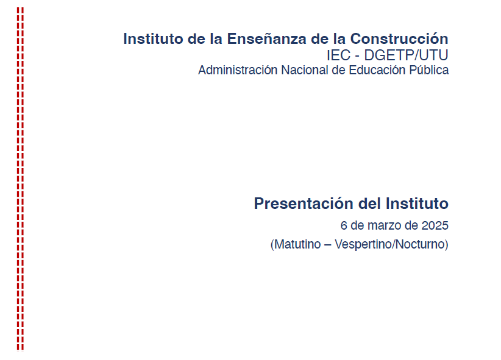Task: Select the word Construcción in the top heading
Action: [399, 38]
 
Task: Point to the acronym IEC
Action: [338, 55]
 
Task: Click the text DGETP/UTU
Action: [406, 55]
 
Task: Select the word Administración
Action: [238, 70]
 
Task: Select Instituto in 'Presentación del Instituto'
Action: [417, 203]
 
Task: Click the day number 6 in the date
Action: [344, 225]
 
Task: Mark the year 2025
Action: [435, 225]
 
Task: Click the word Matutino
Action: [297, 244]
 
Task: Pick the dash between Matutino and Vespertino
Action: [327, 245]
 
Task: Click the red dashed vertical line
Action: [21, 179]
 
